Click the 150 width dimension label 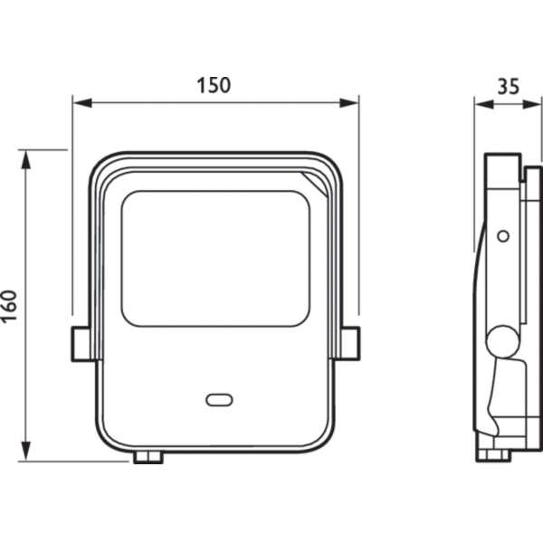click(x=214, y=85)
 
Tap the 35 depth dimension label click(x=509, y=87)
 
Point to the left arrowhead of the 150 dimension click(x=82, y=103)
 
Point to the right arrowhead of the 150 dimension click(x=348, y=103)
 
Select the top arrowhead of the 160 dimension click(x=26, y=159)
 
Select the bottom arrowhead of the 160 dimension click(x=26, y=452)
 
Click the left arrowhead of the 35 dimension click(x=484, y=104)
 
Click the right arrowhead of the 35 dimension click(x=531, y=104)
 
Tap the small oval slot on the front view click(x=219, y=400)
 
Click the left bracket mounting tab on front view click(x=81, y=344)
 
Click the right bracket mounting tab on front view click(x=350, y=344)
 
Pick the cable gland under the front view click(x=148, y=456)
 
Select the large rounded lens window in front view click(x=215, y=258)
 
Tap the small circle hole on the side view click(x=503, y=236)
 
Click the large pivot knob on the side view click(x=503, y=342)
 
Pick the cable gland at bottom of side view click(x=493, y=454)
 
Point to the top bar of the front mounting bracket click(x=216, y=156)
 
